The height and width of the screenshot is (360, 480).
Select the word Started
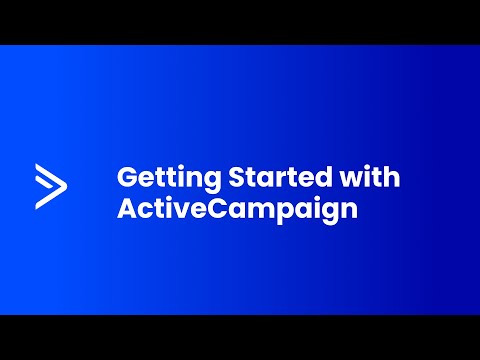click(280, 176)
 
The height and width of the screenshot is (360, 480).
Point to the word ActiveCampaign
click(237, 209)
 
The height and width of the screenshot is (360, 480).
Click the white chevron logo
click(51, 186)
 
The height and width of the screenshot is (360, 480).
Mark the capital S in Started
click(237, 177)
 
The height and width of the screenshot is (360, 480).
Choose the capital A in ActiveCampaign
click(128, 209)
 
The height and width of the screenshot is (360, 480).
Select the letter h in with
click(392, 176)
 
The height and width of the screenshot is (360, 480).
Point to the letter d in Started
click(323, 177)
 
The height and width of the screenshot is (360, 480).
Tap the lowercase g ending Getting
click(212, 183)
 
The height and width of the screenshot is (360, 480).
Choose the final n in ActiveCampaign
click(350, 211)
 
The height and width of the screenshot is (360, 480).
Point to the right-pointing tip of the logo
click(67, 186)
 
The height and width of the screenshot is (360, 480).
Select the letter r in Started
click(277, 179)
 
